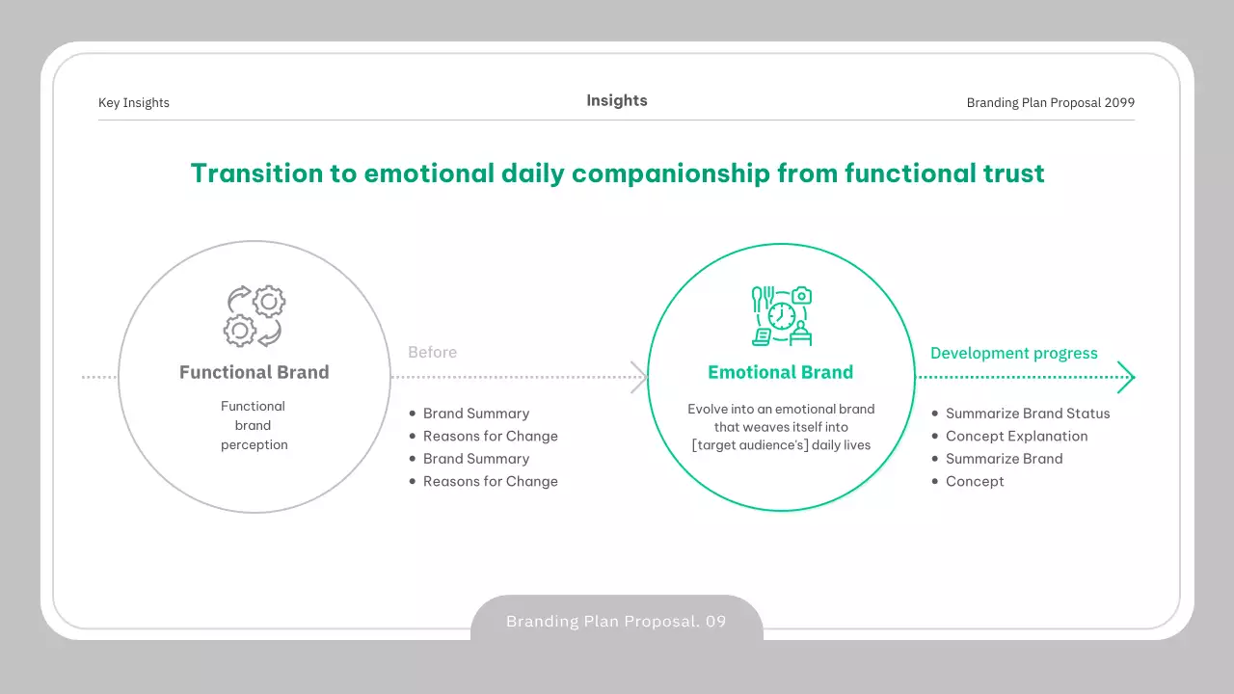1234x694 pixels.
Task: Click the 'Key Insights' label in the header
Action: [134, 103]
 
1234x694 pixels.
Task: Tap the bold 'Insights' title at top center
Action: [617, 101]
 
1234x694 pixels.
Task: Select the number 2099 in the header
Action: [1119, 103]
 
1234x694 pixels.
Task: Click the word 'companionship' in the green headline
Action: [670, 174]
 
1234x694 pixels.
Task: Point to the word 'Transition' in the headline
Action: [256, 173]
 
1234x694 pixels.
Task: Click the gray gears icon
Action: [255, 315]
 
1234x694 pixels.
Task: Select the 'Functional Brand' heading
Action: [255, 372]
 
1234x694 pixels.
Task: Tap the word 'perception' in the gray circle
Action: [255, 445]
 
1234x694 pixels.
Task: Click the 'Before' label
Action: [433, 353]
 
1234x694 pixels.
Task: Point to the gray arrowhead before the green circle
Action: [639, 377]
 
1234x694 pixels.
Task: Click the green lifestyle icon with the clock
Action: [782, 315]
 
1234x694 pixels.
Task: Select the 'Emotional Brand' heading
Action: [781, 372]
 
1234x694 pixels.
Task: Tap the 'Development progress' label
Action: [1014, 353]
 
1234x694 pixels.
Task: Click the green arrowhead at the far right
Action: [1127, 377]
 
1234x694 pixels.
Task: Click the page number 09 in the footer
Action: [716, 622]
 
